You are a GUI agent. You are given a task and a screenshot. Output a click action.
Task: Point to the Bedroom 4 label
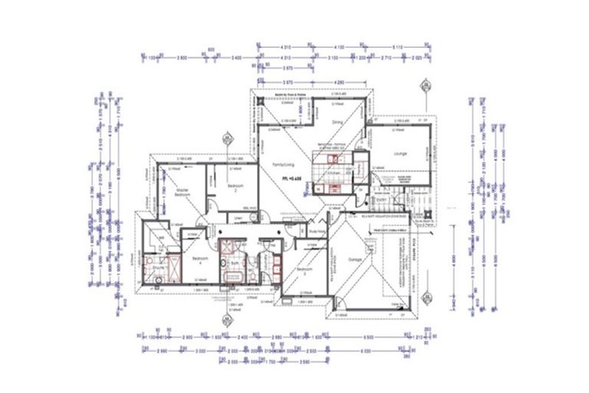[201, 259]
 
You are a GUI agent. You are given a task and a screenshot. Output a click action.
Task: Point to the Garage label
[352, 259]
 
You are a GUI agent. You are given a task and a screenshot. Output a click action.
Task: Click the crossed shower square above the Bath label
[228, 247]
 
